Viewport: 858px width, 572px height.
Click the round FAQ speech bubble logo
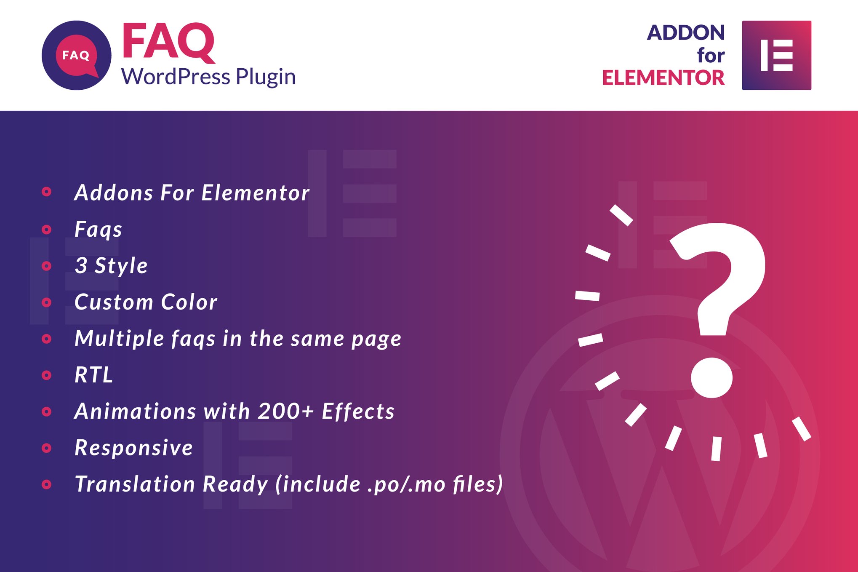coord(77,55)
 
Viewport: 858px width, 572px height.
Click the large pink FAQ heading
coord(168,42)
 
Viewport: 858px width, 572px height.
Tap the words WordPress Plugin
coord(208,77)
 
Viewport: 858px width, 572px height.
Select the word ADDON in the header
coord(686,33)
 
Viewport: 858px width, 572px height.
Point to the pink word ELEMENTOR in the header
coord(663,78)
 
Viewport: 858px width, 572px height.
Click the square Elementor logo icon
coord(776,55)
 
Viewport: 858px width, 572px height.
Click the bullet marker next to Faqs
coord(47,230)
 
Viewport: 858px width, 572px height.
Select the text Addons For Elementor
coord(192,193)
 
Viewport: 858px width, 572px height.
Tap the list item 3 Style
coord(111,266)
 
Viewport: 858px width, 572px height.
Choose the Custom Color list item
coord(146,302)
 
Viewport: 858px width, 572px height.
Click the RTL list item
coord(94,375)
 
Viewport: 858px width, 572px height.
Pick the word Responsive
coord(134,448)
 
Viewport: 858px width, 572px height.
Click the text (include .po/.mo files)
coord(389,484)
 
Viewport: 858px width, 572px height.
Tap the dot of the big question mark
coord(711,377)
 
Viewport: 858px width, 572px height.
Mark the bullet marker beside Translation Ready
coord(47,484)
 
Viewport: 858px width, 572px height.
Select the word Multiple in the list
coord(119,339)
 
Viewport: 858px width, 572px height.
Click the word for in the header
coord(711,55)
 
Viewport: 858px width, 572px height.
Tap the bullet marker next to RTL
coord(47,375)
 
